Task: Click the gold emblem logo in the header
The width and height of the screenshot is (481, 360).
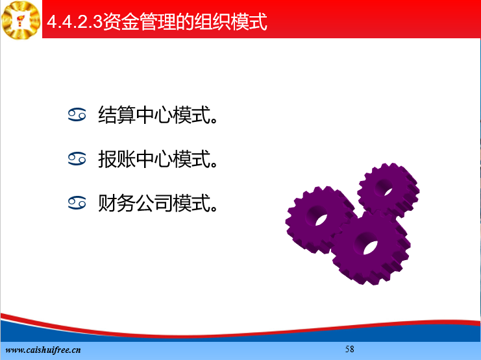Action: pyautogui.click(x=21, y=20)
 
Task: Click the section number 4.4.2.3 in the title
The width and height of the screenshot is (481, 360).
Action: pyautogui.click(x=75, y=22)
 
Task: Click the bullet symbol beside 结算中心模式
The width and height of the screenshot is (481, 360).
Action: pyautogui.click(x=77, y=115)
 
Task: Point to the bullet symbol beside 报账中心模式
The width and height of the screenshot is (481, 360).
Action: pyautogui.click(x=77, y=159)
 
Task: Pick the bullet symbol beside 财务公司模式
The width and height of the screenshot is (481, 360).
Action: pyautogui.click(x=77, y=203)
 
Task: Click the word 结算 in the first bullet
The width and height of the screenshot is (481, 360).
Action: pyautogui.click(x=117, y=115)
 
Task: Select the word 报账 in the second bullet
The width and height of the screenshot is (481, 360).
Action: pyautogui.click(x=117, y=159)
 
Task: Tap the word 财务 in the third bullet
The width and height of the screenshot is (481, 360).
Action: pyautogui.click(x=117, y=203)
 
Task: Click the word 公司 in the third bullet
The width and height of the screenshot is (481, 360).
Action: pyautogui.click(x=154, y=203)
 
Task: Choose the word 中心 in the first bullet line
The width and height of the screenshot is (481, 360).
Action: pyautogui.click(x=154, y=115)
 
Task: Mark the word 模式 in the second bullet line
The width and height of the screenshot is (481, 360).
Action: pyautogui.click(x=191, y=159)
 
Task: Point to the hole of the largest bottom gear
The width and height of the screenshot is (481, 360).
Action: pyautogui.click(x=367, y=243)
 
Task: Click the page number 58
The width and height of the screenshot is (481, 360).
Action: pyautogui.click(x=350, y=349)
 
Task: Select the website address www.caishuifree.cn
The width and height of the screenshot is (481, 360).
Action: pyautogui.click(x=43, y=350)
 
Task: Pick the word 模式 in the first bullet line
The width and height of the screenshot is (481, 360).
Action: pyautogui.click(x=191, y=115)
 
